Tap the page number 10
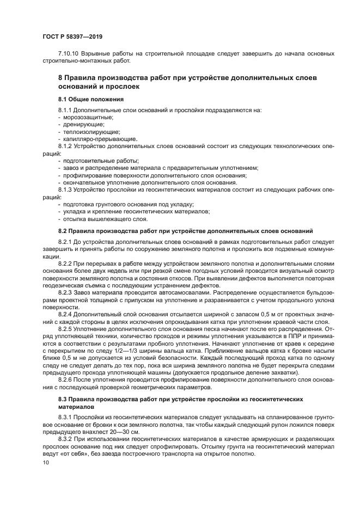click(45, 462)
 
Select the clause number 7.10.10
click(68, 53)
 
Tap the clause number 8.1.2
click(66, 146)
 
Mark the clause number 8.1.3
click(66, 190)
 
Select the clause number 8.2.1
click(66, 241)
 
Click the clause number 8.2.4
click(66, 314)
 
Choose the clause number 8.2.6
click(66, 380)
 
